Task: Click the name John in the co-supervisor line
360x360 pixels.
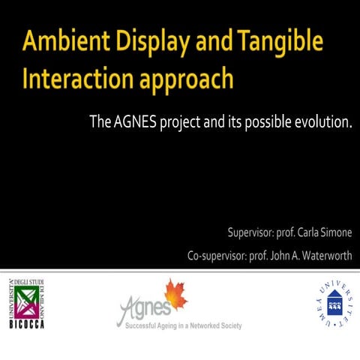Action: (x=273, y=255)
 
